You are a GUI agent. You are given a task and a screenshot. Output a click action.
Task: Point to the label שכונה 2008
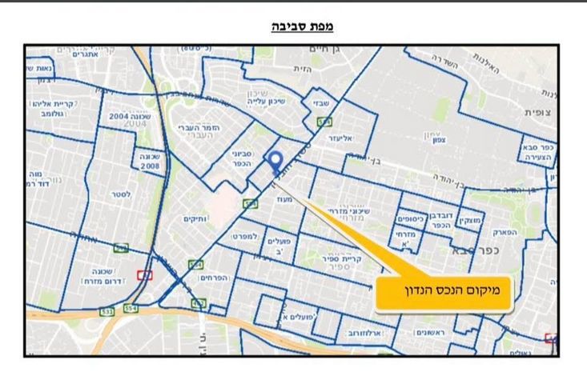150,161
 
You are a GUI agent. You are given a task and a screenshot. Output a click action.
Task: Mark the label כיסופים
410,218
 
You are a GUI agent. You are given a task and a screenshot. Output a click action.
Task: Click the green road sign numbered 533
107,310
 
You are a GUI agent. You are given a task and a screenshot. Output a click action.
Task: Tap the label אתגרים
84,54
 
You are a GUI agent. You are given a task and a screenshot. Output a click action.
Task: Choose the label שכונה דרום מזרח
101,276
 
